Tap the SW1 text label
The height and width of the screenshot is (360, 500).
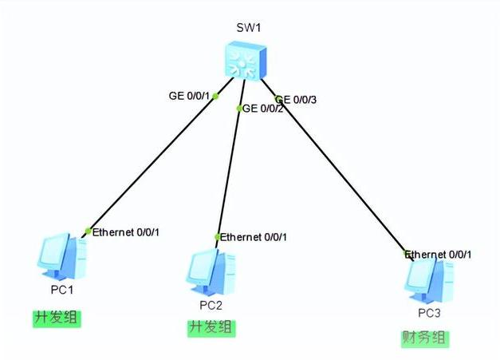(x=249, y=27)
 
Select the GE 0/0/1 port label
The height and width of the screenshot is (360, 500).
(x=188, y=96)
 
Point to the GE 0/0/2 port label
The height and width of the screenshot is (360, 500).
(x=263, y=109)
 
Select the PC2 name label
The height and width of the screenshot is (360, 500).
(x=211, y=305)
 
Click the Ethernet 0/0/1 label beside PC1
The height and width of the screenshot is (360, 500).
(x=126, y=232)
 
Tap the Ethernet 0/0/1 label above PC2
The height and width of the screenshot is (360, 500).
(x=254, y=237)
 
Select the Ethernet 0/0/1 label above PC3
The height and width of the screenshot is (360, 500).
(x=439, y=255)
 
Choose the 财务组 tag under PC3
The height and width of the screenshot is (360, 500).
(x=425, y=338)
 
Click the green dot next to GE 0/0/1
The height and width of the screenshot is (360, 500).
(x=215, y=97)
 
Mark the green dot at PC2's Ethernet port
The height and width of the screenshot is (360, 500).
(x=218, y=237)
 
